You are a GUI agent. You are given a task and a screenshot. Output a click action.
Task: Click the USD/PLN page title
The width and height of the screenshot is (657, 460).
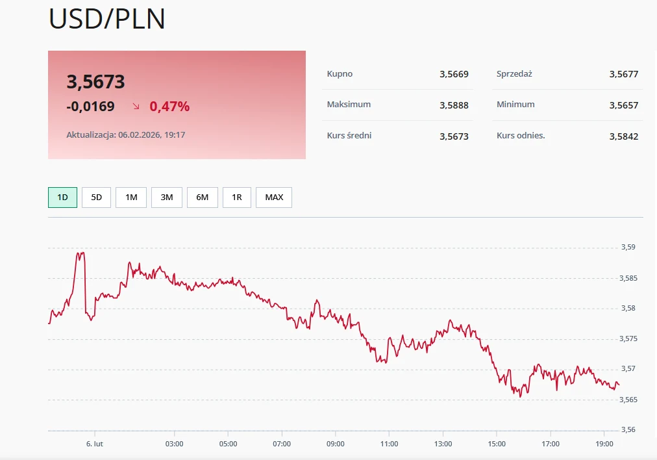(107, 19)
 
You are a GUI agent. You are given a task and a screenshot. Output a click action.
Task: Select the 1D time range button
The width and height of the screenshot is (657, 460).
(62, 198)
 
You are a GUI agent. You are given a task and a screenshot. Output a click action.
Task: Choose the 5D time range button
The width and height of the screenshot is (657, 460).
(96, 198)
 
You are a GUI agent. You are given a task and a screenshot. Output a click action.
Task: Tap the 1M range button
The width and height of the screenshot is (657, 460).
(131, 198)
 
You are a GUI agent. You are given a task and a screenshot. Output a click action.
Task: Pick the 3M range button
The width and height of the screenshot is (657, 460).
(167, 198)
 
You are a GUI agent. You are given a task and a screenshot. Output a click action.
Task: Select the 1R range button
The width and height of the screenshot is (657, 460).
(236, 198)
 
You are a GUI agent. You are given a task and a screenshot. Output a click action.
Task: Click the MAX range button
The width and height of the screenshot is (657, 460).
(274, 198)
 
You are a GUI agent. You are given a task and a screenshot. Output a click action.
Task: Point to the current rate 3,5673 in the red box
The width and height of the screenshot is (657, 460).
(95, 82)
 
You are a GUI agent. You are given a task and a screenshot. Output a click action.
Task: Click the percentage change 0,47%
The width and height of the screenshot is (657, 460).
(169, 107)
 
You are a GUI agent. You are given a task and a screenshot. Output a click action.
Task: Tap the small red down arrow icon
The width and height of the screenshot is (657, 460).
(136, 106)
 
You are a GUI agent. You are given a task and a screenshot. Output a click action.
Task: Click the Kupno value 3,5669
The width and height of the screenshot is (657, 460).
(454, 74)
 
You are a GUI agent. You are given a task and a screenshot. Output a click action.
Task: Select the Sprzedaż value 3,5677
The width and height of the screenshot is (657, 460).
(623, 74)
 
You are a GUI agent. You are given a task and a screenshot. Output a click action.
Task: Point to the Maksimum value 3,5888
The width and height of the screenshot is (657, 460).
(454, 105)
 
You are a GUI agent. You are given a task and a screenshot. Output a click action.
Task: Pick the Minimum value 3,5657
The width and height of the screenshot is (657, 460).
(623, 105)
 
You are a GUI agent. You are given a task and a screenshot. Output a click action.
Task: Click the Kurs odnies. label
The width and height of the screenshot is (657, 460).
(521, 136)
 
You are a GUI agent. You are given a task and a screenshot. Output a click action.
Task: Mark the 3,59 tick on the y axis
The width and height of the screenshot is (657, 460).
(628, 248)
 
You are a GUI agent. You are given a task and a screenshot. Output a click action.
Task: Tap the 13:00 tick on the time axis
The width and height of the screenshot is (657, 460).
(443, 444)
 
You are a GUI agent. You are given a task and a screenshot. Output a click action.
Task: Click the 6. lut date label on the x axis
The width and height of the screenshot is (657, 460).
(95, 444)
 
